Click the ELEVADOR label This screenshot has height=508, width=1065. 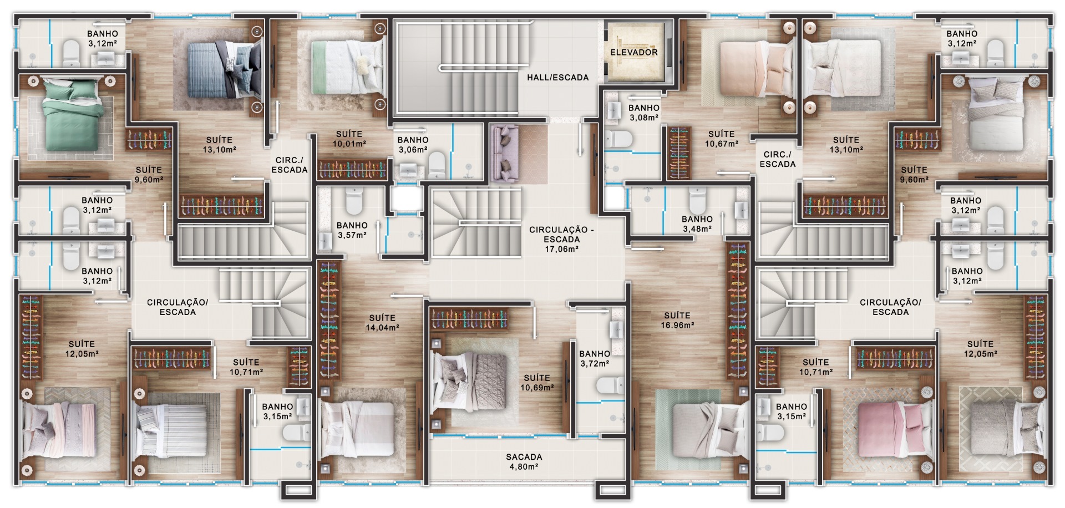[633, 52]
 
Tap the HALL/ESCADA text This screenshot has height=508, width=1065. [557, 78]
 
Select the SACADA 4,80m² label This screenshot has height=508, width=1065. [524, 461]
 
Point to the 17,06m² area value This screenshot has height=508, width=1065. [561, 250]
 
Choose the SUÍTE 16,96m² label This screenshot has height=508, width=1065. [677, 320]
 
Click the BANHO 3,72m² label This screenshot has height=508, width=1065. [595, 358]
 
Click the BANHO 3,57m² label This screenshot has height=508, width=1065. [352, 230]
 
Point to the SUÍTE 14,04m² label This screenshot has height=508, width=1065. [382, 322]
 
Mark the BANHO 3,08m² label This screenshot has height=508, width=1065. [643, 113]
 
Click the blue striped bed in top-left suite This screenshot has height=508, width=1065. [222, 69]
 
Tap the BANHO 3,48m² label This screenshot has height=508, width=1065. [697, 223]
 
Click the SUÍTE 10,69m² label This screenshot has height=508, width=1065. [536, 383]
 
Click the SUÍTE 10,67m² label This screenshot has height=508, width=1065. [721, 139]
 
